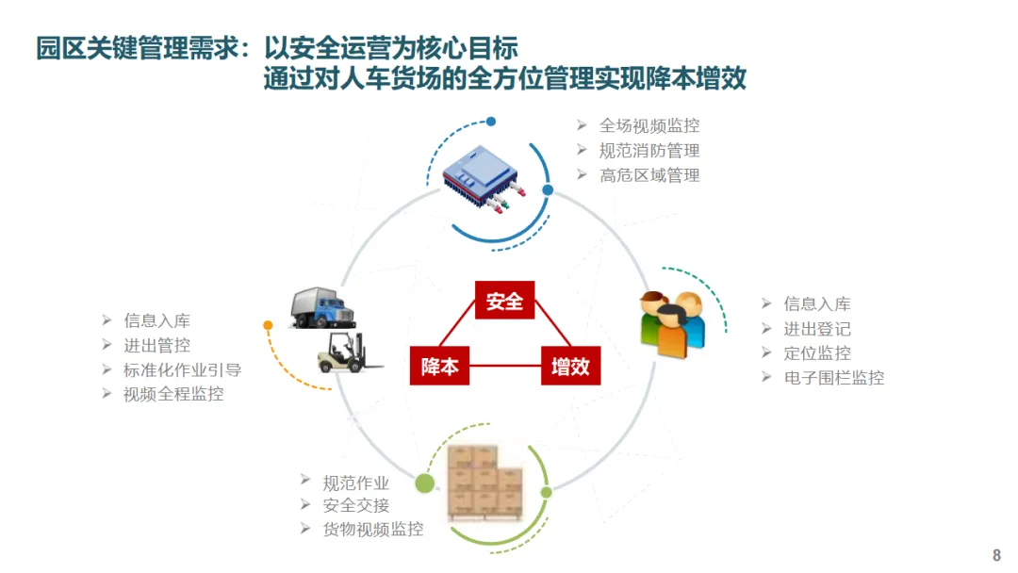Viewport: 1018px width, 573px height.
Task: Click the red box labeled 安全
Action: coord(504,302)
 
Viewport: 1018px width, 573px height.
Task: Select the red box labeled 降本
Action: coord(439,366)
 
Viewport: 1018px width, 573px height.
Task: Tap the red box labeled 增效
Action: coord(570,366)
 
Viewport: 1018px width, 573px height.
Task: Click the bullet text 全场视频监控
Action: coord(649,126)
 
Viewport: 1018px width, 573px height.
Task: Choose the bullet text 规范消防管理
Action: coord(649,151)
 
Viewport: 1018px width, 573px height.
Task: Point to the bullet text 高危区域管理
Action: coord(649,175)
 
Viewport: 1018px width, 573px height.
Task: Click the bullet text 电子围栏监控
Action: coord(834,378)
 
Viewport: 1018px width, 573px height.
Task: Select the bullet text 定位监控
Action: coord(817,353)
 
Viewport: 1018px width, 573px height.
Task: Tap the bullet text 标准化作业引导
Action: coord(182,370)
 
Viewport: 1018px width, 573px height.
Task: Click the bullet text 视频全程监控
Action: coord(173,395)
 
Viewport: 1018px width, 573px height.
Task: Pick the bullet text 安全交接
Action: coord(355,505)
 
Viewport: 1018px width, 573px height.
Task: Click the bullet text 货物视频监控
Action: coord(372,530)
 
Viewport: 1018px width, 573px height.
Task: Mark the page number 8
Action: coord(996,555)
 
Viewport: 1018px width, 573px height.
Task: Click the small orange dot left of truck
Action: coord(268,325)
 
